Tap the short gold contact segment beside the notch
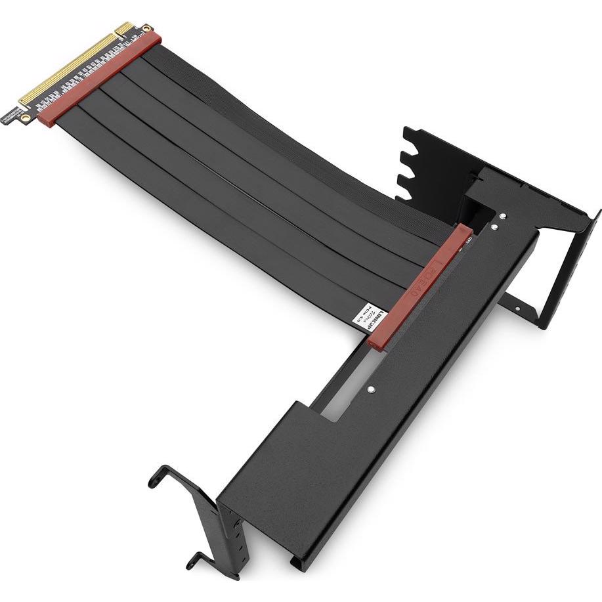click(x=125, y=29)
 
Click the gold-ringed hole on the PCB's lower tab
click(x=24, y=118)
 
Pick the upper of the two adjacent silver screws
click(x=502, y=215)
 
